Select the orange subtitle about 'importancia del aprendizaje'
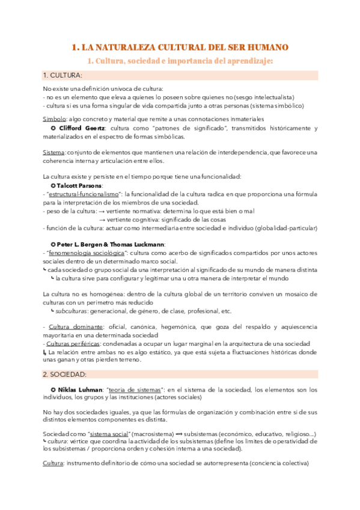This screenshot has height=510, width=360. (x=180, y=61)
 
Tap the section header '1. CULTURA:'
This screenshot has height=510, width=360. (x=63, y=75)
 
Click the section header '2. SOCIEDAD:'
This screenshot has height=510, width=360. (x=64, y=373)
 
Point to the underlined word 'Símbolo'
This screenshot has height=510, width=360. (x=54, y=119)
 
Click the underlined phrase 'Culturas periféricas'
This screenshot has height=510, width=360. (x=70, y=343)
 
